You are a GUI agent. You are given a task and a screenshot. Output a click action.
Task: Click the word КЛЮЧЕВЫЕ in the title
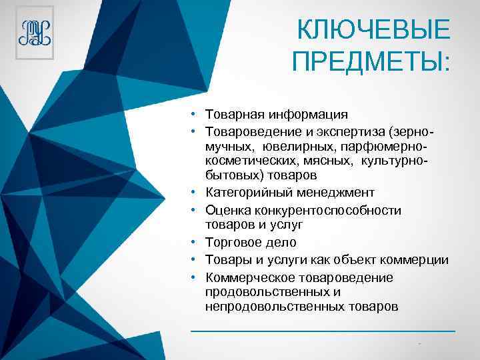tap(373, 30)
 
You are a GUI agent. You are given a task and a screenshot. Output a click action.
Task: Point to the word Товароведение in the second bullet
tap(249, 130)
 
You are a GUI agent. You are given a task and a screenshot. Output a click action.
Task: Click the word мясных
tap(332, 160)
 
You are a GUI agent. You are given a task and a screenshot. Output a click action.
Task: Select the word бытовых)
tap(231, 175)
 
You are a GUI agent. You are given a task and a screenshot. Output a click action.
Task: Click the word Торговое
tap(233, 243)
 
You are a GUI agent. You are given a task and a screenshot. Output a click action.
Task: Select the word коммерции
tap(417, 260)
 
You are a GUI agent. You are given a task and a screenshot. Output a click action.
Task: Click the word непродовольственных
tap(274, 307)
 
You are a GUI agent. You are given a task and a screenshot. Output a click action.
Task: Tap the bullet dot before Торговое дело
tap(191, 243)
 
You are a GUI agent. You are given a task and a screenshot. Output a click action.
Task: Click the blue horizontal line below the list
tap(323, 331)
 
